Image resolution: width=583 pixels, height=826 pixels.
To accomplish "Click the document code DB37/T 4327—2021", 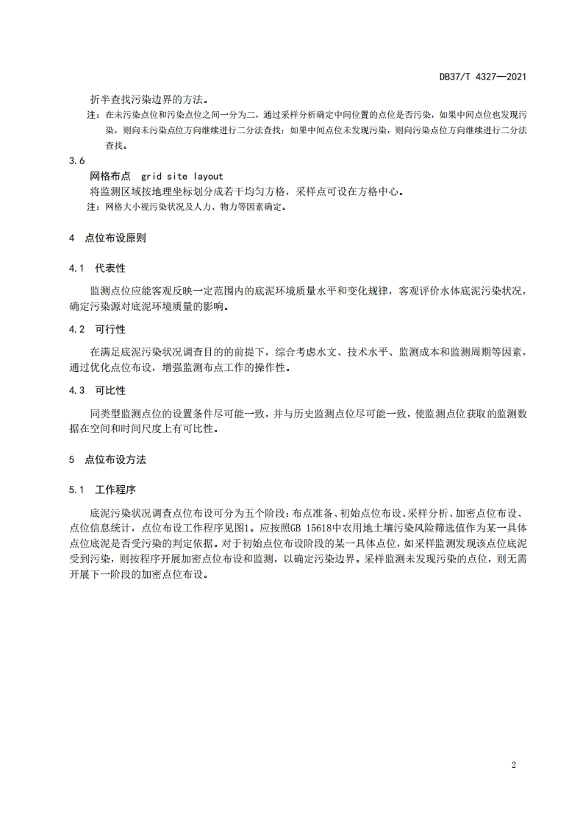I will (482, 76).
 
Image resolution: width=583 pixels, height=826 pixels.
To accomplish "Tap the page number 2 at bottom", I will (514, 765).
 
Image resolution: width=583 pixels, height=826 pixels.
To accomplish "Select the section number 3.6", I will (76, 160).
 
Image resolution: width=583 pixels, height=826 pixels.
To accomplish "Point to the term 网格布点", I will (110, 177).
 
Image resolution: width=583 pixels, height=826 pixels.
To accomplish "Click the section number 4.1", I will (77, 268).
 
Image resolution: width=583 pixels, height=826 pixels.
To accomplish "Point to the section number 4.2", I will (77, 328).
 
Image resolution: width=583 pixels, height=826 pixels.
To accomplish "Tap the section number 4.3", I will (77, 389).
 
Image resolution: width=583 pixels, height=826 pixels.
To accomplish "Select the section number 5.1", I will (77, 490).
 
